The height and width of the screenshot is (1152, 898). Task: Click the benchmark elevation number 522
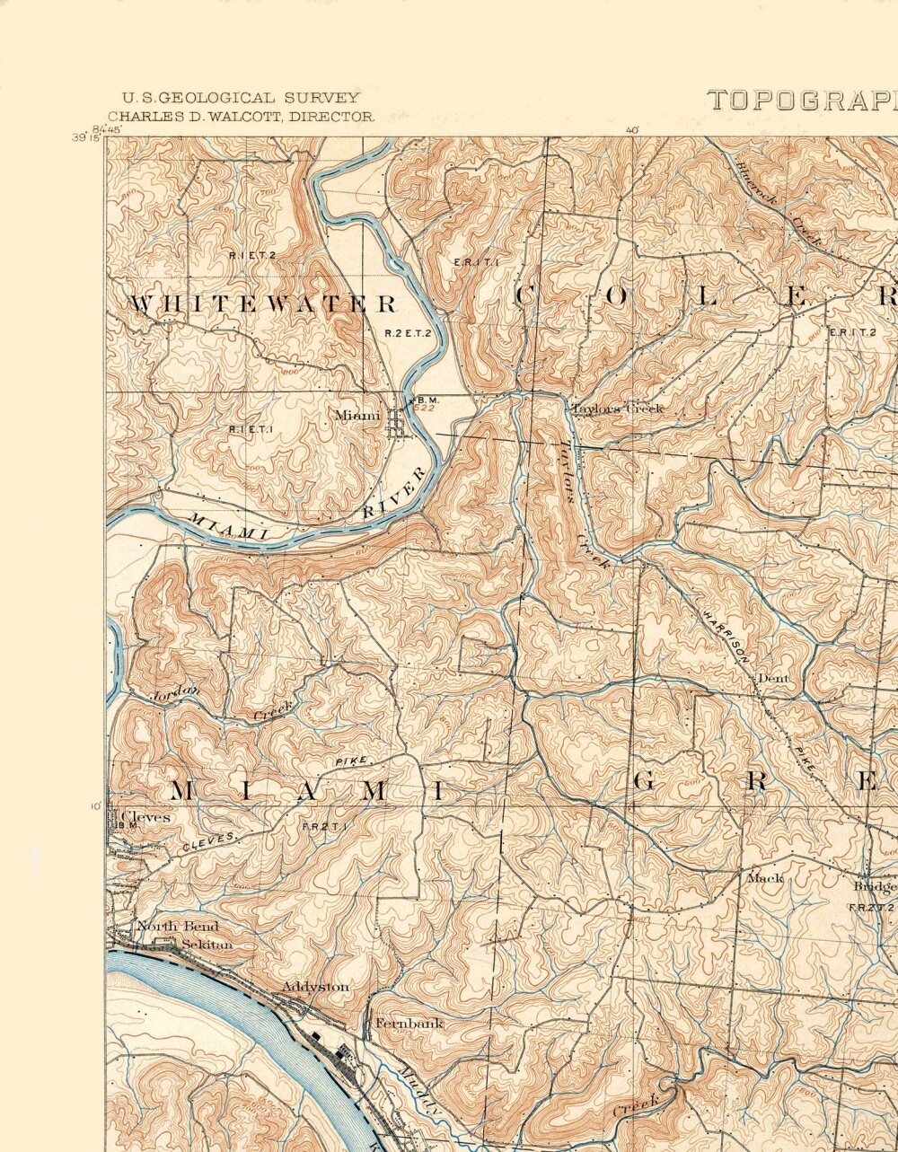pyautogui.click(x=425, y=408)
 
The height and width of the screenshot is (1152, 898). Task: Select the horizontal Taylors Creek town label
pyautogui.click(x=618, y=409)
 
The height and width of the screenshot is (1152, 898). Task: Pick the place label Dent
pyautogui.click(x=772, y=679)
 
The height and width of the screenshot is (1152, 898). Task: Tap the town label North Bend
pyautogui.click(x=177, y=926)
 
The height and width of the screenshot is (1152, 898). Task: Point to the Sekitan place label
pyautogui.click(x=207, y=945)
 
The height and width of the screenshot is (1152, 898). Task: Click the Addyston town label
pyautogui.click(x=315, y=987)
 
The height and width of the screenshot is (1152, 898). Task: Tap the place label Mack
pyautogui.click(x=765, y=878)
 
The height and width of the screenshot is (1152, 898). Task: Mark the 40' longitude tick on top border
pyautogui.click(x=632, y=130)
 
